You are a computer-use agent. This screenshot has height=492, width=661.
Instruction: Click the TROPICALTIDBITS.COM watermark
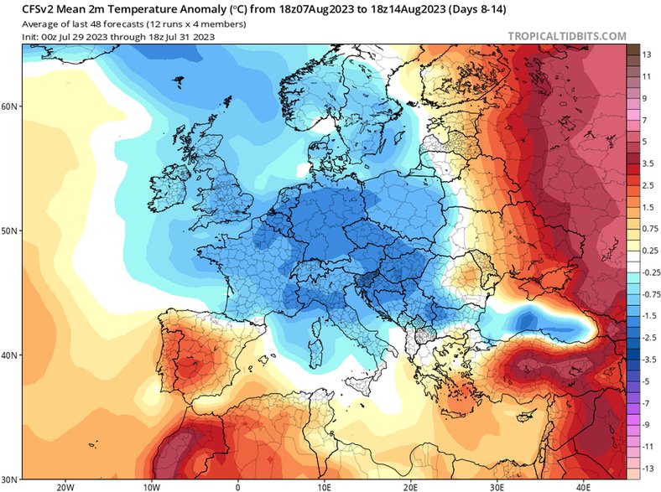tap(567, 36)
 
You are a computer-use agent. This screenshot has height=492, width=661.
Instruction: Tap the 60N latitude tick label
tap(10, 106)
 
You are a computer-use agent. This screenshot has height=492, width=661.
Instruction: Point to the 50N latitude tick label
tap(10, 230)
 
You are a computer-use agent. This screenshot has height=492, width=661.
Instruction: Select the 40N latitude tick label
tap(10, 355)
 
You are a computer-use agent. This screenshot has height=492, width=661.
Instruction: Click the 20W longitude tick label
tap(65, 485)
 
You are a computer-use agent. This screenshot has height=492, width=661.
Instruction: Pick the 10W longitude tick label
tap(151, 485)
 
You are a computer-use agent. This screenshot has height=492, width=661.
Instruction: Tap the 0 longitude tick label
tap(237, 485)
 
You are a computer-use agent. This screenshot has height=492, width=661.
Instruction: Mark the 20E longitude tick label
tap(411, 485)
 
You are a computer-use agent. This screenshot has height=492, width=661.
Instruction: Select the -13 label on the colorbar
tap(647, 467)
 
